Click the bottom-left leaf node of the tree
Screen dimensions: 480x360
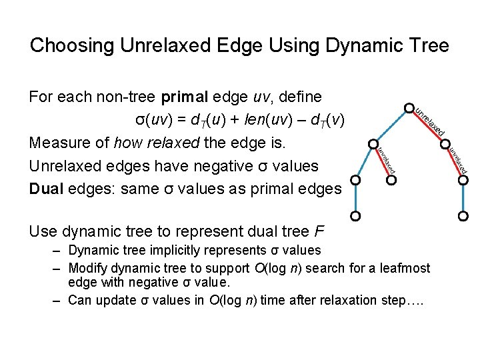(356, 216)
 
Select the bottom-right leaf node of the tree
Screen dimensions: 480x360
(464, 216)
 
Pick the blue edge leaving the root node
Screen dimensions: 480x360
(390, 126)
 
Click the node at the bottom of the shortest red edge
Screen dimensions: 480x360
(391, 180)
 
